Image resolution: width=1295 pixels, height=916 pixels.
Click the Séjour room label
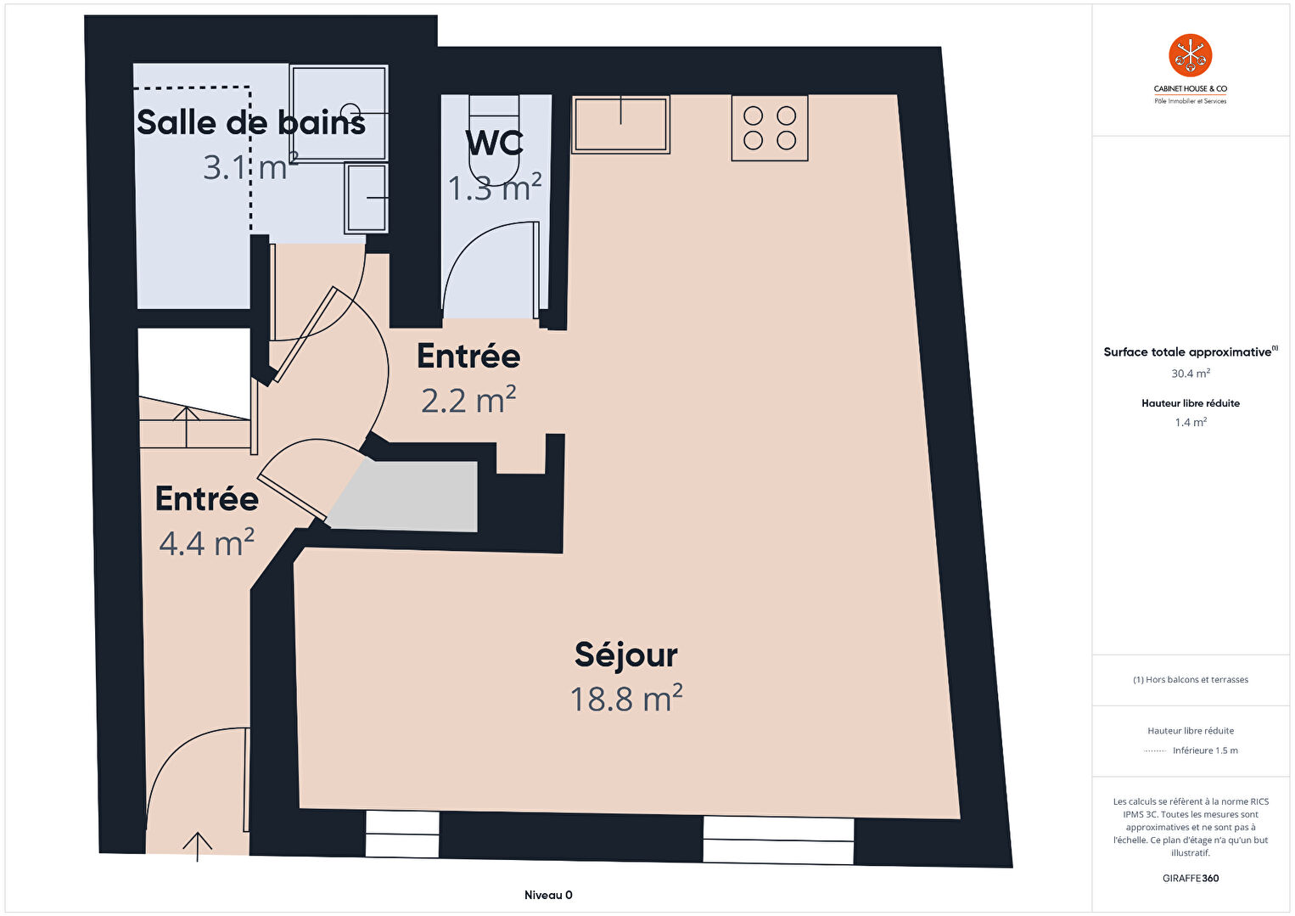(626, 656)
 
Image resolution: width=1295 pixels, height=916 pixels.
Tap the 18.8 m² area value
(626, 699)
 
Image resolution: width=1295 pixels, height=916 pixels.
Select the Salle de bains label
(251, 122)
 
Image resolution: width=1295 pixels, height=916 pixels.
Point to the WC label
(494, 143)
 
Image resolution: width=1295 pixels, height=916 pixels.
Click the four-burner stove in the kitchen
(770, 128)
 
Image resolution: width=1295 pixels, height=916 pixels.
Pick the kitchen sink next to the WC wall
(621, 125)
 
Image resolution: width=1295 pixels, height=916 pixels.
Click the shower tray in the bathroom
(339, 114)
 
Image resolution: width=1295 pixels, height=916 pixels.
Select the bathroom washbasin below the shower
(366, 198)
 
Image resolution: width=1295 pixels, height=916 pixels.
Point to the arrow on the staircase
(186, 427)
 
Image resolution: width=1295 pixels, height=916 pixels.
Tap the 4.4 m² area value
(206, 542)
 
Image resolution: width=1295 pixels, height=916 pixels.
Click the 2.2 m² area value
(468, 400)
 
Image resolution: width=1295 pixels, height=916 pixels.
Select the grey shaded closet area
(405, 495)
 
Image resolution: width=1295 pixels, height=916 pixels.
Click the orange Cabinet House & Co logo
(1191, 55)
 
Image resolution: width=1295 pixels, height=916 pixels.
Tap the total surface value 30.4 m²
(1191, 374)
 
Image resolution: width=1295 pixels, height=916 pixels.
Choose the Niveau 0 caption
(548, 895)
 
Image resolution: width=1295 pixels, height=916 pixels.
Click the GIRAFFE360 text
(1191, 879)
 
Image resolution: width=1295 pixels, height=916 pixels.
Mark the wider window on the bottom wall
(778, 840)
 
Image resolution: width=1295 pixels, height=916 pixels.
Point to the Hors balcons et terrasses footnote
(1191, 679)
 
